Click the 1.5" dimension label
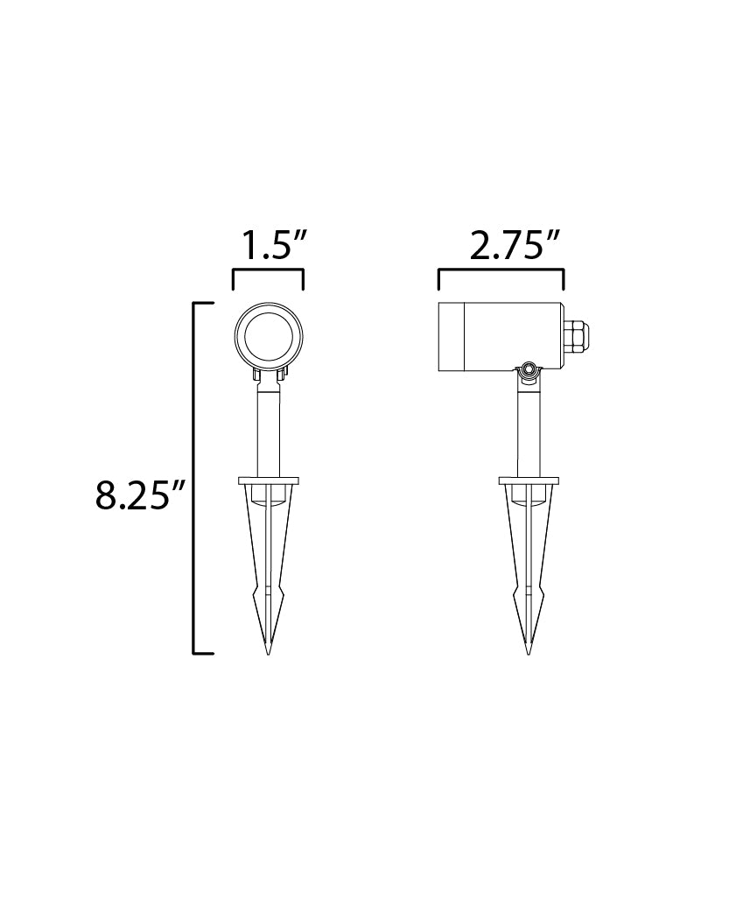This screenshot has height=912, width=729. point(267,246)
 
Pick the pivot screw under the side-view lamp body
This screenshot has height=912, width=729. point(528,374)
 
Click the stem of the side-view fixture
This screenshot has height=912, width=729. point(528,433)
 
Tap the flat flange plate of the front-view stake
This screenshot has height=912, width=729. point(268,481)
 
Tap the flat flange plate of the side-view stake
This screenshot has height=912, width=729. point(528,481)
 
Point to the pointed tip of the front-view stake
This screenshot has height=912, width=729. point(268,650)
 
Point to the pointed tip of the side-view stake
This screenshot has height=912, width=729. point(528,650)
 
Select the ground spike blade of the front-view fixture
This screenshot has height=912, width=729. point(268,560)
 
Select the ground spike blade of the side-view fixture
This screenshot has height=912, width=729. point(528,560)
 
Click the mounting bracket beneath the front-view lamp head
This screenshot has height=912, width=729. point(268,375)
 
